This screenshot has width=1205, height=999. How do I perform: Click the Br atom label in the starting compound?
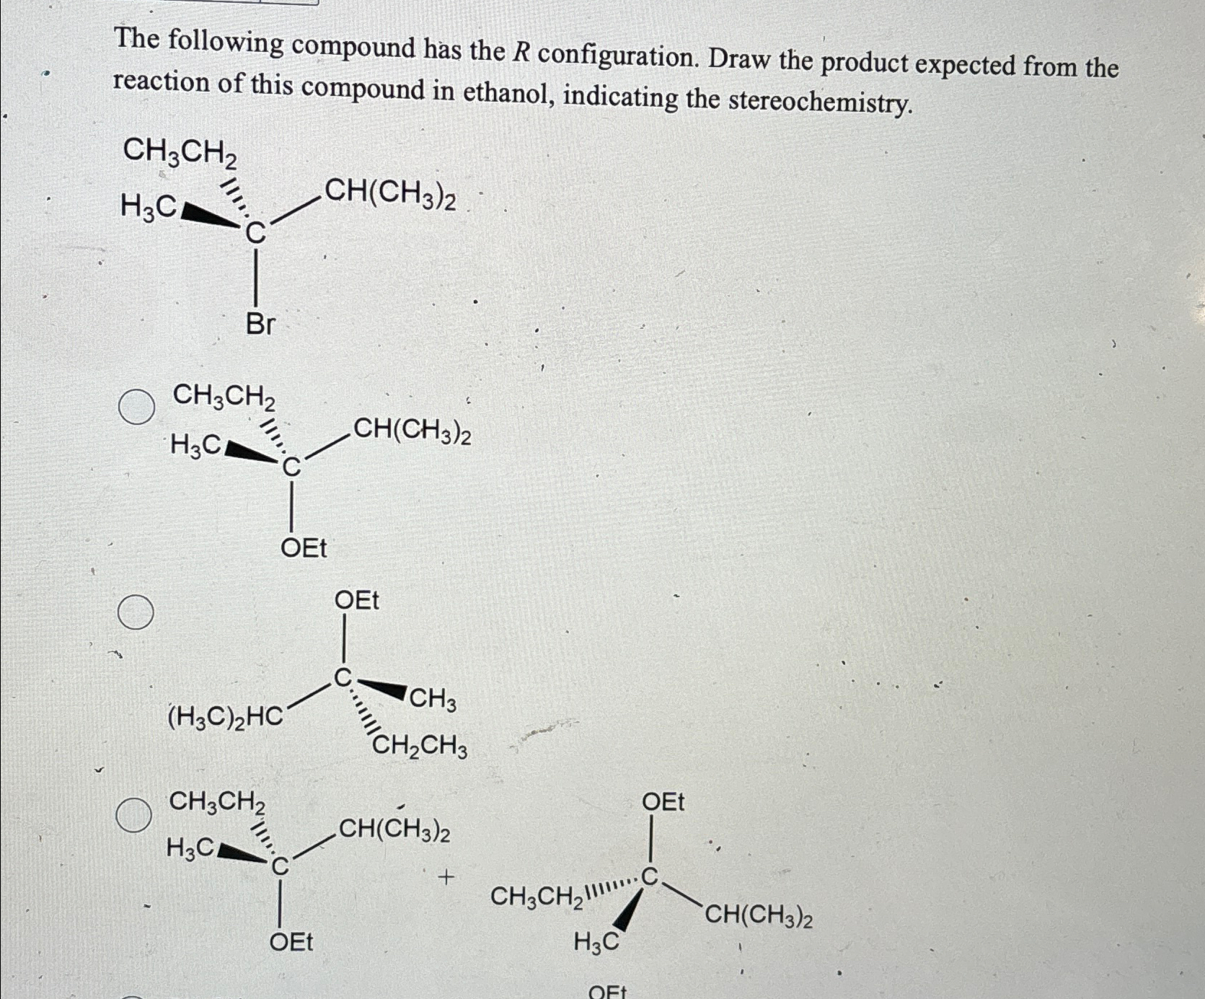[260, 325]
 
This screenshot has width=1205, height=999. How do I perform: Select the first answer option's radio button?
[136, 407]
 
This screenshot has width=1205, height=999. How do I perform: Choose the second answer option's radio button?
[136, 612]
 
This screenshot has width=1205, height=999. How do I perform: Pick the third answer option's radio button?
[134, 815]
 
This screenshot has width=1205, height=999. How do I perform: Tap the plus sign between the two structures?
[446, 878]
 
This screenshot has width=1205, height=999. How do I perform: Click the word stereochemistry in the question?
[820, 102]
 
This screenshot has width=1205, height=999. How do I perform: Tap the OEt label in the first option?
[304, 548]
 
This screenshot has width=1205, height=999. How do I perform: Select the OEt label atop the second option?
[356, 600]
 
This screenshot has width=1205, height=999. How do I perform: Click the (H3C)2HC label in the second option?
[225, 717]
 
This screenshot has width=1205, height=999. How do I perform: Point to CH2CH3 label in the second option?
[420, 746]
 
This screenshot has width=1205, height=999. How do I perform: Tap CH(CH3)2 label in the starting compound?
[390, 193]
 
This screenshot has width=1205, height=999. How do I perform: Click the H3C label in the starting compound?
[148, 207]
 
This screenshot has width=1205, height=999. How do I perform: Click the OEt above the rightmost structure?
[663, 802]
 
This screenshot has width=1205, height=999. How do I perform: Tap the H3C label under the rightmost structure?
[596, 941]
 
